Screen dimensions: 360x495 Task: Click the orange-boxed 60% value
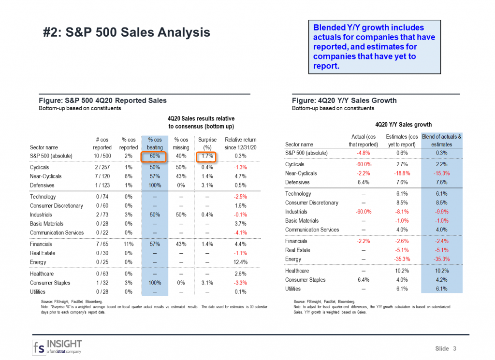click(x=153, y=156)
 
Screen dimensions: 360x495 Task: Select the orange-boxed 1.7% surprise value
click(x=206, y=156)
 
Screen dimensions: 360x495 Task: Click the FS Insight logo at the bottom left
click(x=58, y=347)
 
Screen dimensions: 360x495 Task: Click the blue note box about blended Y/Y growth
click(x=374, y=46)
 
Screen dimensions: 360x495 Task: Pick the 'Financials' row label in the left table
click(x=56, y=244)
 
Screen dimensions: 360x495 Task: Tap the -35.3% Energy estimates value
click(x=401, y=259)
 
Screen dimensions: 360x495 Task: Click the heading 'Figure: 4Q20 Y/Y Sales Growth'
click(x=344, y=101)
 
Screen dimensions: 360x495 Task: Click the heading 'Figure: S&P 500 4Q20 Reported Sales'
click(x=102, y=101)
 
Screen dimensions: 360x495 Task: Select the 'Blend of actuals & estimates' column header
click(x=441, y=140)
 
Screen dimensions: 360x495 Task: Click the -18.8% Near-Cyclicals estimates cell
click(x=401, y=173)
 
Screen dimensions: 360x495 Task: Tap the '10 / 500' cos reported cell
click(x=102, y=156)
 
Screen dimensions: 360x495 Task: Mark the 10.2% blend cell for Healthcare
click(x=441, y=271)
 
